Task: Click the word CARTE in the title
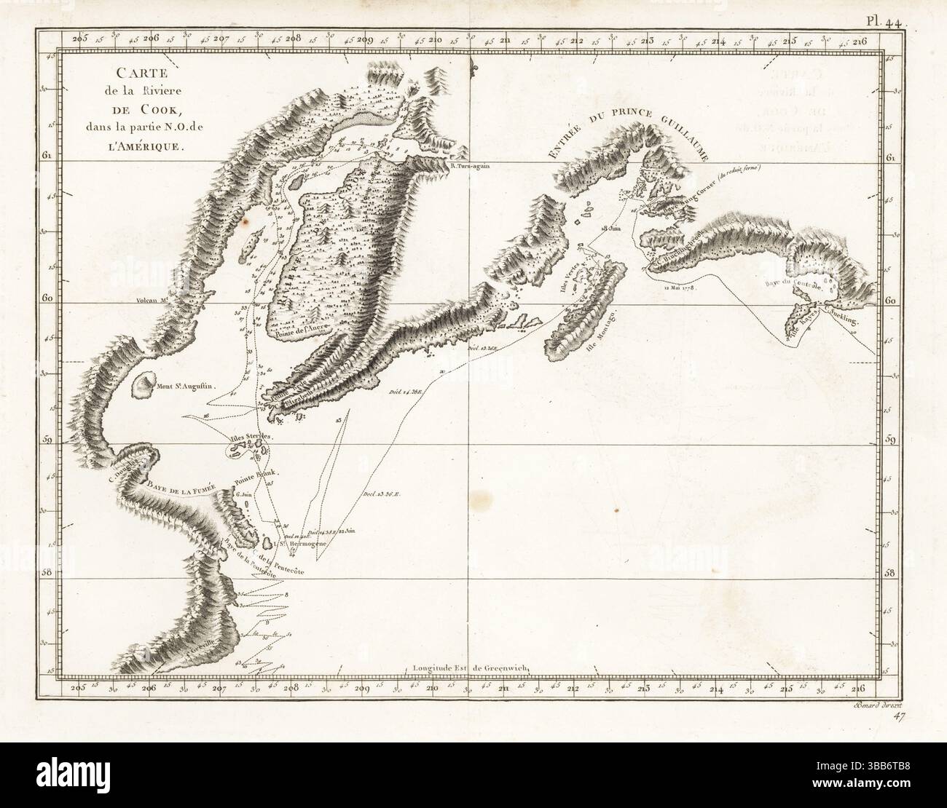point(132,73)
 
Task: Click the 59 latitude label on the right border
point(891,440)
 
